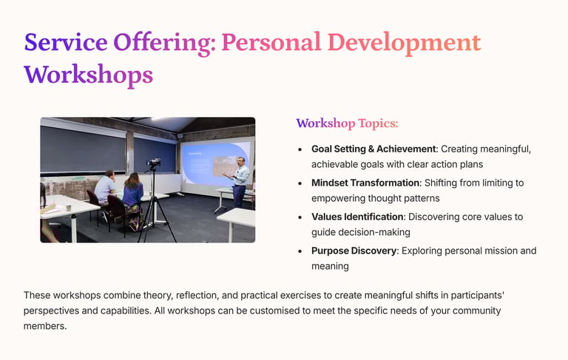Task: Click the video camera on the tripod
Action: (x=154, y=163)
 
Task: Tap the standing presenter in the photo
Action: (x=238, y=182)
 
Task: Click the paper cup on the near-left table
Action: (x=69, y=208)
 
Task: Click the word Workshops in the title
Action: (x=89, y=75)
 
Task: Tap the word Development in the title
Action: (x=404, y=43)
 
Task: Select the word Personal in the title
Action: (x=271, y=41)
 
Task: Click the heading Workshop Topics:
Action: (x=347, y=123)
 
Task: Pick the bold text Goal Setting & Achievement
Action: (x=373, y=149)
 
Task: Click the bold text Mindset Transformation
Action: (x=365, y=183)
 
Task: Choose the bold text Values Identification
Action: (x=357, y=217)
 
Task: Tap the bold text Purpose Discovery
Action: (x=354, y=251)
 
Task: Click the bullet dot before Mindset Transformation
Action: (x=300, y=183)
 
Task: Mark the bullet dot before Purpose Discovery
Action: (x=300, y=252)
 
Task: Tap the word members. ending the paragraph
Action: (x=45, y=326)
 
